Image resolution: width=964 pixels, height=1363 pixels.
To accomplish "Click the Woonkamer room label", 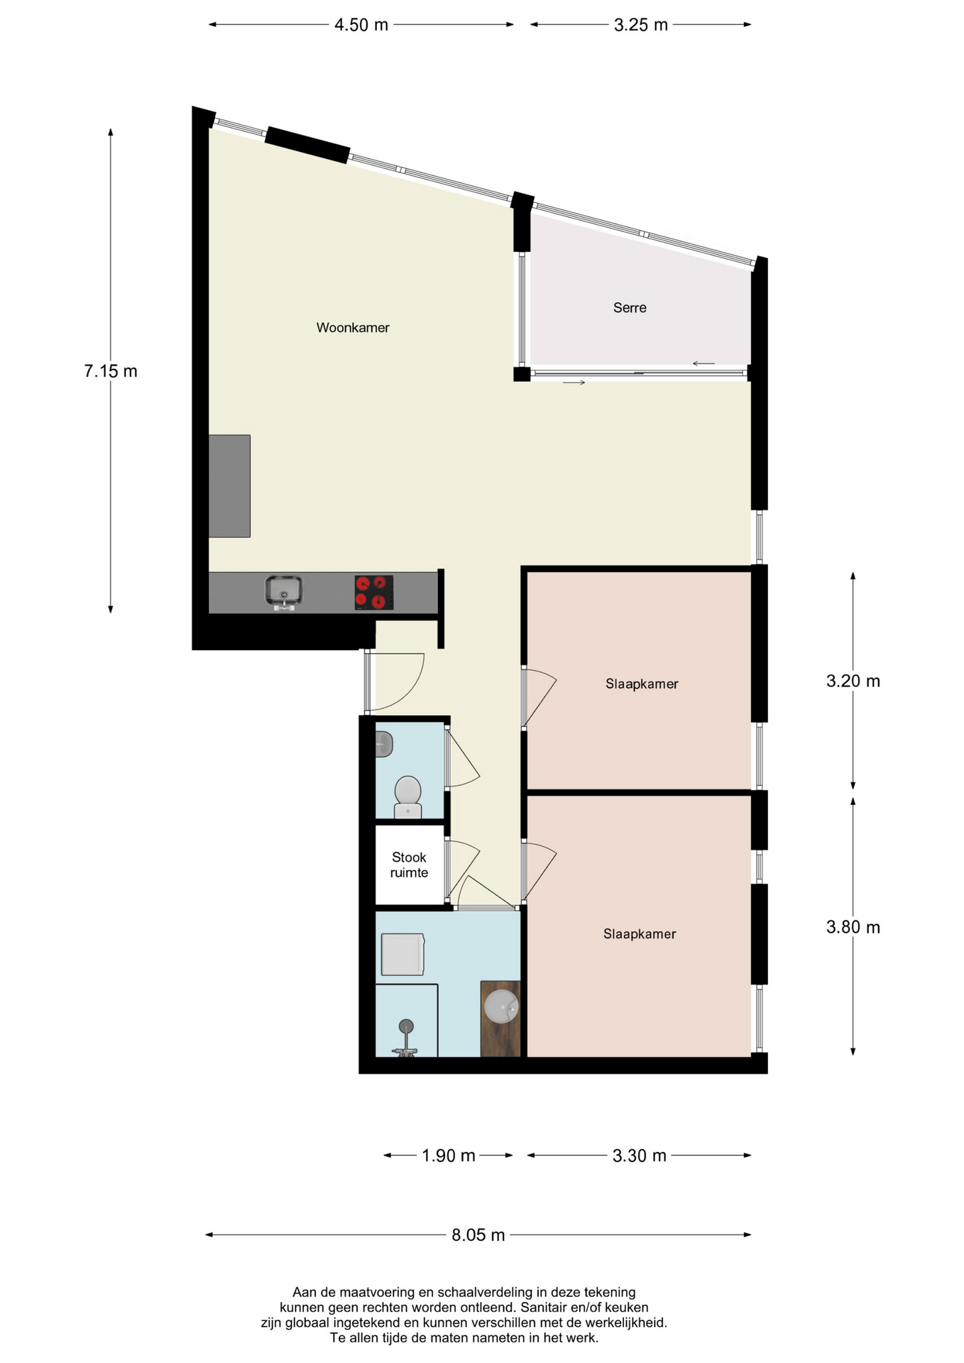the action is [x=353, y=327].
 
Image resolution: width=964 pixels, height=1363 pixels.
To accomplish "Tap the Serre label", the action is [x=630, y=307].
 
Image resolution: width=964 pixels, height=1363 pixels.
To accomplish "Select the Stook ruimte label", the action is [x=409, y=865].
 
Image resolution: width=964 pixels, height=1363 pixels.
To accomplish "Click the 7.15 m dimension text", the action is [x=111, y=371].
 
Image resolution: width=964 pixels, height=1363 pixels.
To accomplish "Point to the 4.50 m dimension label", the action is [x=361, y=25].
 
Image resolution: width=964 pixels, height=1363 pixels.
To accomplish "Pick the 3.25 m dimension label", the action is [x=641, y=25].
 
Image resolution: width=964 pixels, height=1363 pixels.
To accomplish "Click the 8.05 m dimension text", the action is [x=478, y=1235].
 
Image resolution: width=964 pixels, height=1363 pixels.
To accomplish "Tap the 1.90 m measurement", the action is [x=449, y=1155].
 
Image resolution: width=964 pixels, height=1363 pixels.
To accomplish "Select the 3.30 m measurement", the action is [x=640, y=1155].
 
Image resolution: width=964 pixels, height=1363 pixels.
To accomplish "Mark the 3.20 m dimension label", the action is [x=853, y=681].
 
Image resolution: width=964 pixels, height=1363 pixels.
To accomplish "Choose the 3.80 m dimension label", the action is [x=853, y=926].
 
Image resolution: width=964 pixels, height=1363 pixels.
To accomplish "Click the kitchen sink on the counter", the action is [x=284, y=592].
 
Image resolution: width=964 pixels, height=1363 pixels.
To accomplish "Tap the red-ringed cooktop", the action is [x=374, y=592].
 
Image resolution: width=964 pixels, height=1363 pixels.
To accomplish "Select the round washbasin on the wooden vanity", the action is [x=502, y=1006].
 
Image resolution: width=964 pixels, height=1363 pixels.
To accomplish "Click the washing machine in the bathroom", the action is [x=402, y=954].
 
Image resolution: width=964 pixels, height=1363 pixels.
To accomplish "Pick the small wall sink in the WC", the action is [x=384, y=744].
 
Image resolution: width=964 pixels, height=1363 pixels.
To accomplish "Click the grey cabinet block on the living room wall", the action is [x=229, y=486].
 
